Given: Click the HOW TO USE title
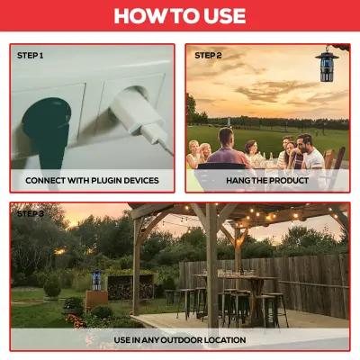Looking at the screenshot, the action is pyautogui.click(x=180, y=15).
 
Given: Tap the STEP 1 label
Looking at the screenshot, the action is pyautogui.click(x=30, y=56).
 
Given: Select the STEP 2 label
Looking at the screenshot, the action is pyautogui.click(x=208, y=56).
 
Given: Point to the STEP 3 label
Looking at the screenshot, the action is pyautogui.click(x=31, y=213).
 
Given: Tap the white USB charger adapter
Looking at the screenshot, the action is pyautogui.click(x=137, y=115).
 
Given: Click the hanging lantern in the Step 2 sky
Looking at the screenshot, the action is pyautogui.click(x=327, y=66).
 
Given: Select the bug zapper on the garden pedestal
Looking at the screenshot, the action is pyautogui.click(x=96, y=280).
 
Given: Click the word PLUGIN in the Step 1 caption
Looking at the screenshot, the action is pyautogui.click(x=107, y=180).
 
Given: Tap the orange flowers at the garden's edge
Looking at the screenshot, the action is pyautogui.click(x=76, y=320).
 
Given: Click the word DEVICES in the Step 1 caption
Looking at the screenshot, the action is pyautogui.click(x=141, y=180).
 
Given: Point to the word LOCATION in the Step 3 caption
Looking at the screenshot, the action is pyautogui.click(x=225, y=340).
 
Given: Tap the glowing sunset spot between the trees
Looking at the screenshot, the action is pyautogui.click(x=60, y=251).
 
